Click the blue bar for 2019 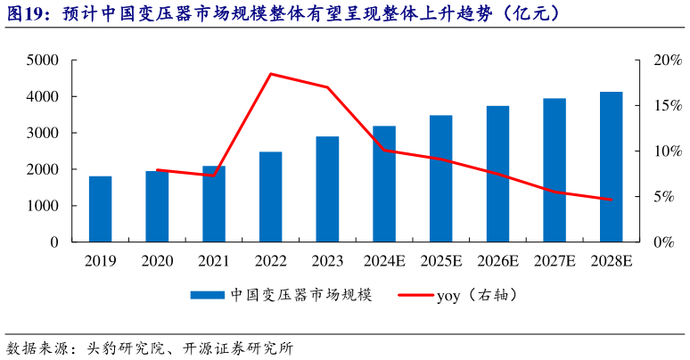coord(101,209)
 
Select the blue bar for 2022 coord(270,196)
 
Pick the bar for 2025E coord(440,178)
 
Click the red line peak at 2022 coord(270,74)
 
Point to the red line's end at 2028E coord(611,200)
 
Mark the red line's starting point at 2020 coord(157,170)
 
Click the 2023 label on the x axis coord(327,261)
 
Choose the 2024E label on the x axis coord(383,261)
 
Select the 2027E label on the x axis coord(554,261)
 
